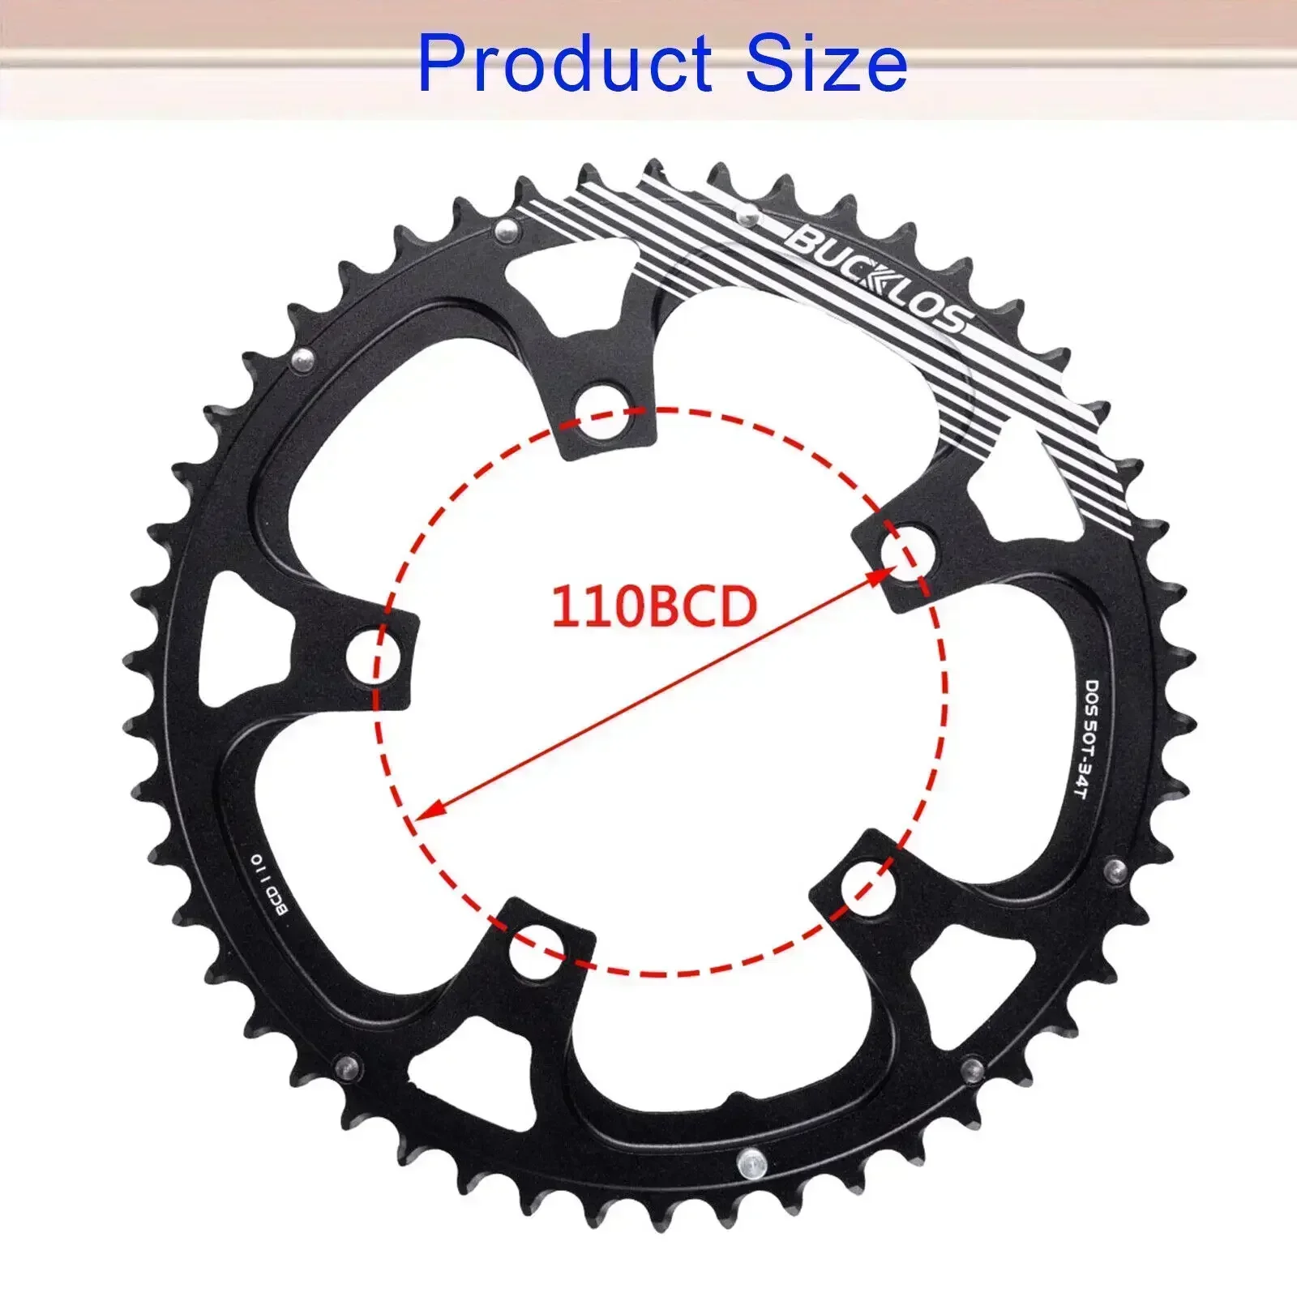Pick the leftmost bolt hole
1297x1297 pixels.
pyautogui.click(x=374, y=655)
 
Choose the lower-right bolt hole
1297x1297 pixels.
pyautogui.click(x=868, y=886)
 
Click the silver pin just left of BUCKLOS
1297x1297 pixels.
pyautogui.click(x=747, y=216)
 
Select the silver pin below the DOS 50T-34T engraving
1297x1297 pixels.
pyautogui.click(x=1116, y=871)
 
